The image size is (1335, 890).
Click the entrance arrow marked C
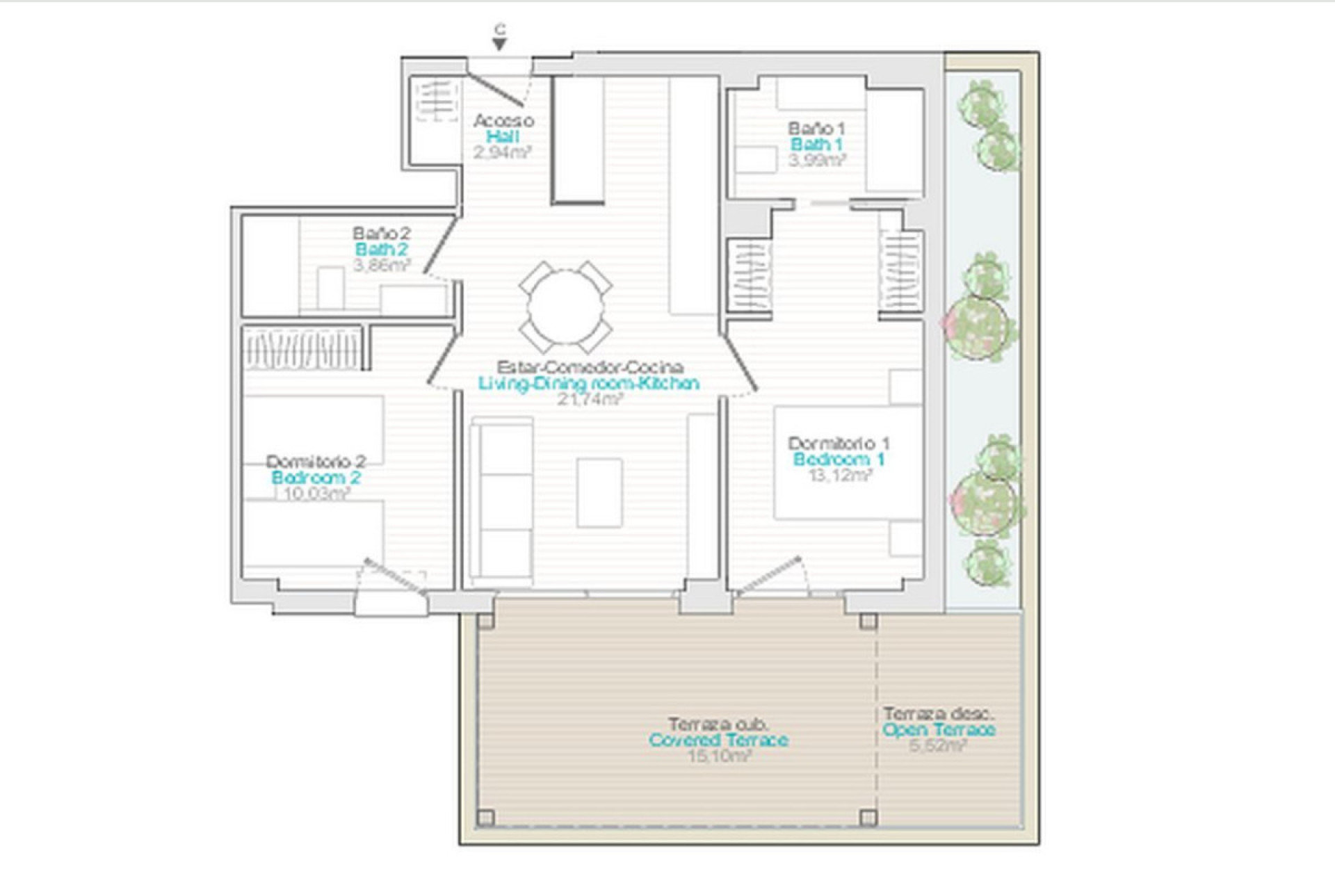499,43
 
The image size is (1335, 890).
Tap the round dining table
565,306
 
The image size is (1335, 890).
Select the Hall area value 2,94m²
502,153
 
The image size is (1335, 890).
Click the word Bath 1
817,145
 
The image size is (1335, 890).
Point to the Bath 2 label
381,250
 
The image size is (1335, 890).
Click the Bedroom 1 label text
839,460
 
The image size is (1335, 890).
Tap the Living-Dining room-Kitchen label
588,383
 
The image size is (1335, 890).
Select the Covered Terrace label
718,740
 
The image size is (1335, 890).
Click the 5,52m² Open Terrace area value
937,746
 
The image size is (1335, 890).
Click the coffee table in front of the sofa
599,492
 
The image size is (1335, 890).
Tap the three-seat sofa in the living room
502,501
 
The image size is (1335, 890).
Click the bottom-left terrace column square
486,817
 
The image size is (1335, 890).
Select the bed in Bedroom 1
848,462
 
